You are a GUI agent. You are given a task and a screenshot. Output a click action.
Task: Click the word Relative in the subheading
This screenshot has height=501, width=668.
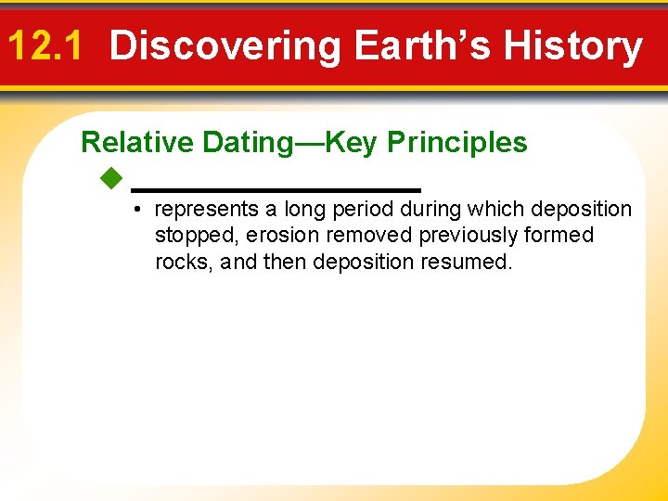pyautogui.click(x=137, y=142)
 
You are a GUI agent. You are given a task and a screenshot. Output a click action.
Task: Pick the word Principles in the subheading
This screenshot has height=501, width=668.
pyautogui.click(x=456, y=142)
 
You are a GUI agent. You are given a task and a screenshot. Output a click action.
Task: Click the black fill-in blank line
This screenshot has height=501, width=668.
pyautogui.click(x=276, y=189)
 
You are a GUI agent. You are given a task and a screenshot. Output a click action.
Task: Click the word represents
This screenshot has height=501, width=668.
pyautogui.click(x=207, y=210)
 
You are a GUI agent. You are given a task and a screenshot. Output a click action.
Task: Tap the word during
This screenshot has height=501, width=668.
pyautogui.click(x=430, y=210)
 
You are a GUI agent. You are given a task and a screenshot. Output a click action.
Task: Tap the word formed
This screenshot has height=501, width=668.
pyautogui.click(x=561, y=236)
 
